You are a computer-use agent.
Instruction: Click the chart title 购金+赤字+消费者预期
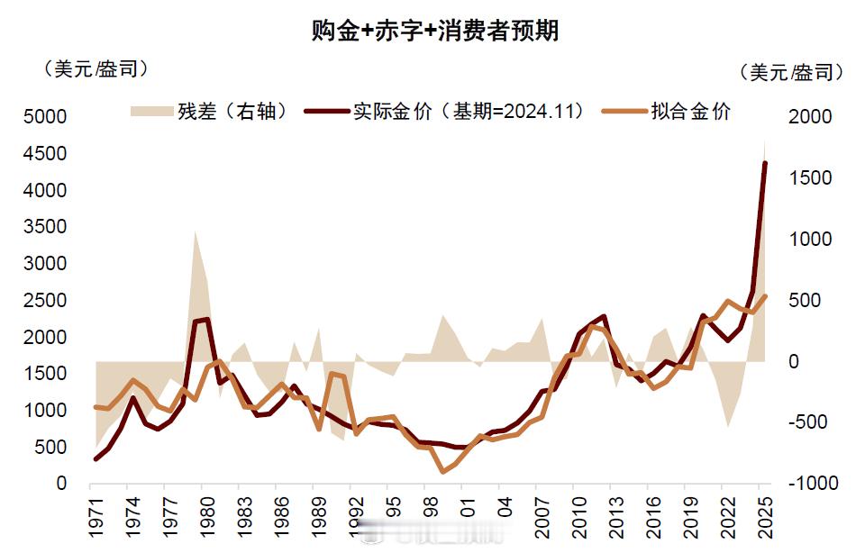pos(435,31)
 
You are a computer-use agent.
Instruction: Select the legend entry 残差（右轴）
pos(209,111)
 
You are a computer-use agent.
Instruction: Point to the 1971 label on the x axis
pos(95,514)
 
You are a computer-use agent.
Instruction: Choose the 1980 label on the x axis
pos(207,514)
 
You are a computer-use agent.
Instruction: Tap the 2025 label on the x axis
pos(765,514)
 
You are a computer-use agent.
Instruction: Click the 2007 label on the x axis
pos(541,514)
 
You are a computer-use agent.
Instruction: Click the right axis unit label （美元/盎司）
pos(790,72)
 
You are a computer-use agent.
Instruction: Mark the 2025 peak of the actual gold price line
pos(765,164)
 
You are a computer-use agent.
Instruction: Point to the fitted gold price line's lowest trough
pos(442,471)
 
